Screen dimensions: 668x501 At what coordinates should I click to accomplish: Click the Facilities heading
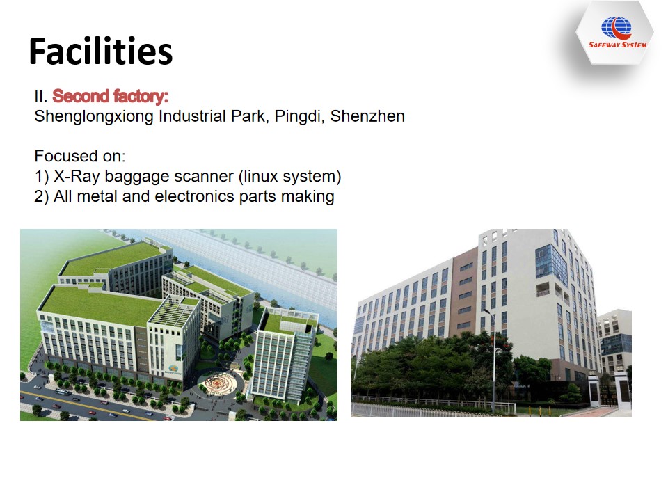click(100, 51)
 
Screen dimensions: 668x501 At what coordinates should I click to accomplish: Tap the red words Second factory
click(110, 96)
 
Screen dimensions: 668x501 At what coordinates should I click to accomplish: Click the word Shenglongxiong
click(94, 117)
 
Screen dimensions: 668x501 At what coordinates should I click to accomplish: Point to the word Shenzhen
click(367, 116)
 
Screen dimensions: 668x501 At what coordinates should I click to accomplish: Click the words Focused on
click(79, 156)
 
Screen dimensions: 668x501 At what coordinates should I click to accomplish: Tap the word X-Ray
click(77, 176)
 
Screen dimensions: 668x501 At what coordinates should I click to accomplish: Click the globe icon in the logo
click(616, 28)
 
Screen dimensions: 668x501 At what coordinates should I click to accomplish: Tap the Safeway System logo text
click(617, 45)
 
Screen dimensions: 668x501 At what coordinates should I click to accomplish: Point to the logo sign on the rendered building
click(174, 369)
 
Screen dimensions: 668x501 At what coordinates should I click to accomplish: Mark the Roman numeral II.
click(40, 96)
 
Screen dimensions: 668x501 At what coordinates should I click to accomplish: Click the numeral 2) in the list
click(41, 197)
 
